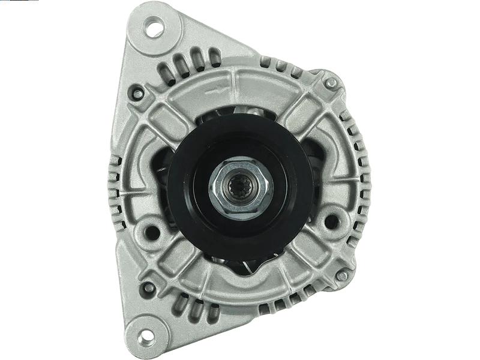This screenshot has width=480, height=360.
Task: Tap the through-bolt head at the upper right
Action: pos(331,82)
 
